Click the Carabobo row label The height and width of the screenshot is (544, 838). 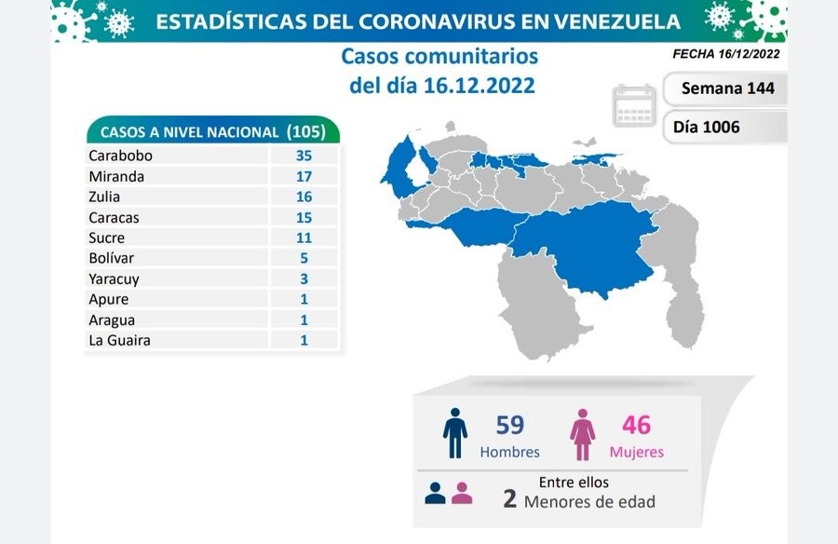[x=120, y=156]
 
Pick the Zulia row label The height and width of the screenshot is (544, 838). [x=103, y=197]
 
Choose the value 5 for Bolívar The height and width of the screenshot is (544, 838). [x=304, y=258]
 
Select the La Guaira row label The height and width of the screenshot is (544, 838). [x=119, y=340]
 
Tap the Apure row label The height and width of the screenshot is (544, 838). [x=108, y=299]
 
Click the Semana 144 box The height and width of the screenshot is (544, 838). [x=723, y=89]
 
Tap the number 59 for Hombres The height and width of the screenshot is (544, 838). [x=510, y=426]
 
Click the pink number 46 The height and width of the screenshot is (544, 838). [x=637, y=426]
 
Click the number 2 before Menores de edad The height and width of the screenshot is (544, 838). [x=509, y=498]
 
